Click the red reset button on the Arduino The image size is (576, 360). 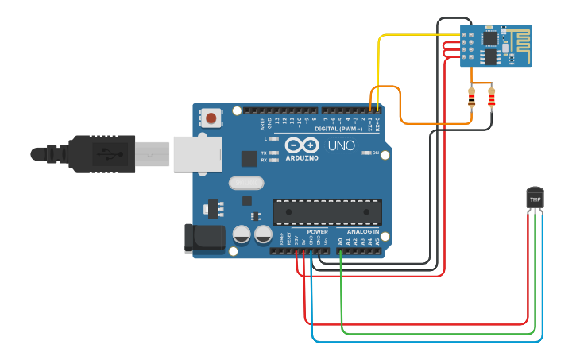211,118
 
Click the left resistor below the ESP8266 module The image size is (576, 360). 472,98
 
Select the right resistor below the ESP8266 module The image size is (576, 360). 491,98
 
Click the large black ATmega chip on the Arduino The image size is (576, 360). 327,212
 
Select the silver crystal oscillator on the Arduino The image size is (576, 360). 245,183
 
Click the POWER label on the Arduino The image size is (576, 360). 317,231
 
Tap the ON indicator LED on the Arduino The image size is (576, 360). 366,152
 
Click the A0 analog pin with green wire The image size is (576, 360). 340,250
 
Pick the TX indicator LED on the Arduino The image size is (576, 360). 274,152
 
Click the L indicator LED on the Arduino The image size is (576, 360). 274,139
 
